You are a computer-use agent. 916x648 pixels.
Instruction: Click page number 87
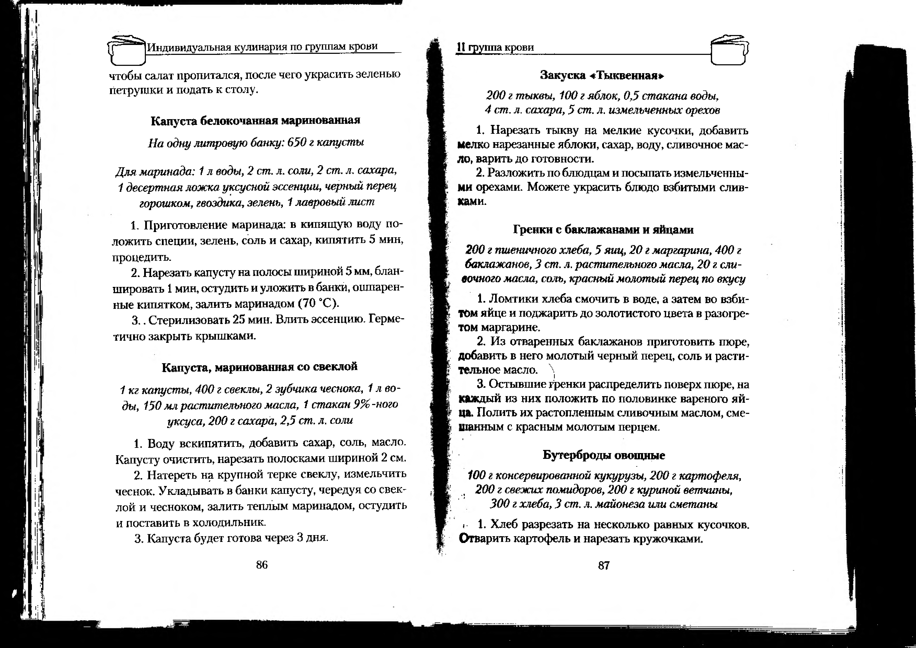604,565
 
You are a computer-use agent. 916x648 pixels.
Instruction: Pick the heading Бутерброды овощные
604,455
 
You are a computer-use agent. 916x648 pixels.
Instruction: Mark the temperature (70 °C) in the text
319,304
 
